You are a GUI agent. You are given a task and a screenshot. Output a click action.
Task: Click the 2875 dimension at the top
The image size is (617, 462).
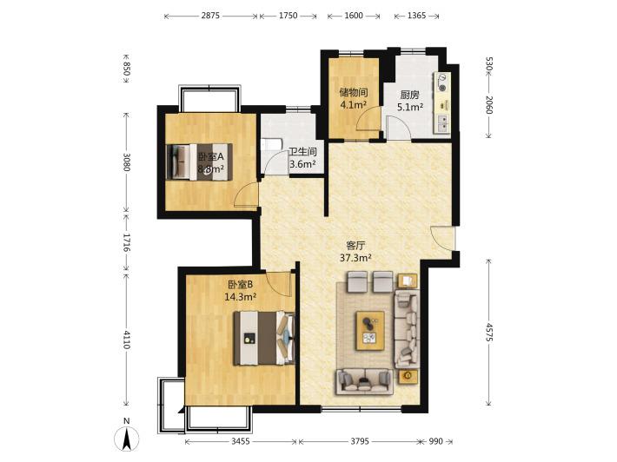[x=210, y=16]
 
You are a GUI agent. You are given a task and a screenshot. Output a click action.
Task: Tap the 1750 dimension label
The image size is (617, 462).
[x=288, y=16]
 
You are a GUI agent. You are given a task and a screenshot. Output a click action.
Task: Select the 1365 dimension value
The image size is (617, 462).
[x=416, y=16]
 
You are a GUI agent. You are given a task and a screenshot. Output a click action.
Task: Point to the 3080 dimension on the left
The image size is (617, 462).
[x=126, y=162]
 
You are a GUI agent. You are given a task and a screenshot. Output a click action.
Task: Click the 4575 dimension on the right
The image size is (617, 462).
[x=488, y=333]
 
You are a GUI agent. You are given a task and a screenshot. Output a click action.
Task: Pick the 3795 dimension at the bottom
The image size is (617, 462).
[x=360, y=441]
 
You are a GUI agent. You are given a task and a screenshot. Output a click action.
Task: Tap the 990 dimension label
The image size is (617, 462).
[x=435, y=441]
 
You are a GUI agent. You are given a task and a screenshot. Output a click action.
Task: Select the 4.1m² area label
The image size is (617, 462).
[x=354, y=105]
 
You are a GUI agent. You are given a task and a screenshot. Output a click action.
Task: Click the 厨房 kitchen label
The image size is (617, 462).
[x=409, y=95]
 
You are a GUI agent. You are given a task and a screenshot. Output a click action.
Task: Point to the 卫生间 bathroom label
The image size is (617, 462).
[x=302, y=152]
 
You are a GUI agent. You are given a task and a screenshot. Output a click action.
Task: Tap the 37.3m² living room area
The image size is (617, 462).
[x=355, y=258]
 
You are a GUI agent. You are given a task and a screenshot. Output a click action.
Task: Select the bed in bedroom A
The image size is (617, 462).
[x=199, y=162]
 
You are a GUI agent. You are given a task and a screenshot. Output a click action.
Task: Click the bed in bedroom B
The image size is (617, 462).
[x=264, y=338]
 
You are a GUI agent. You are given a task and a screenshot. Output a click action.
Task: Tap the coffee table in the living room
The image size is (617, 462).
[x=370, y=331]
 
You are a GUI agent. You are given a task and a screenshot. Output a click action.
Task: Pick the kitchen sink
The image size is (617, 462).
[x=442, y=122]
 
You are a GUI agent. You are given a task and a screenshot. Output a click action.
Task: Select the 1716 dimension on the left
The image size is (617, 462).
[x=126, y=242]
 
